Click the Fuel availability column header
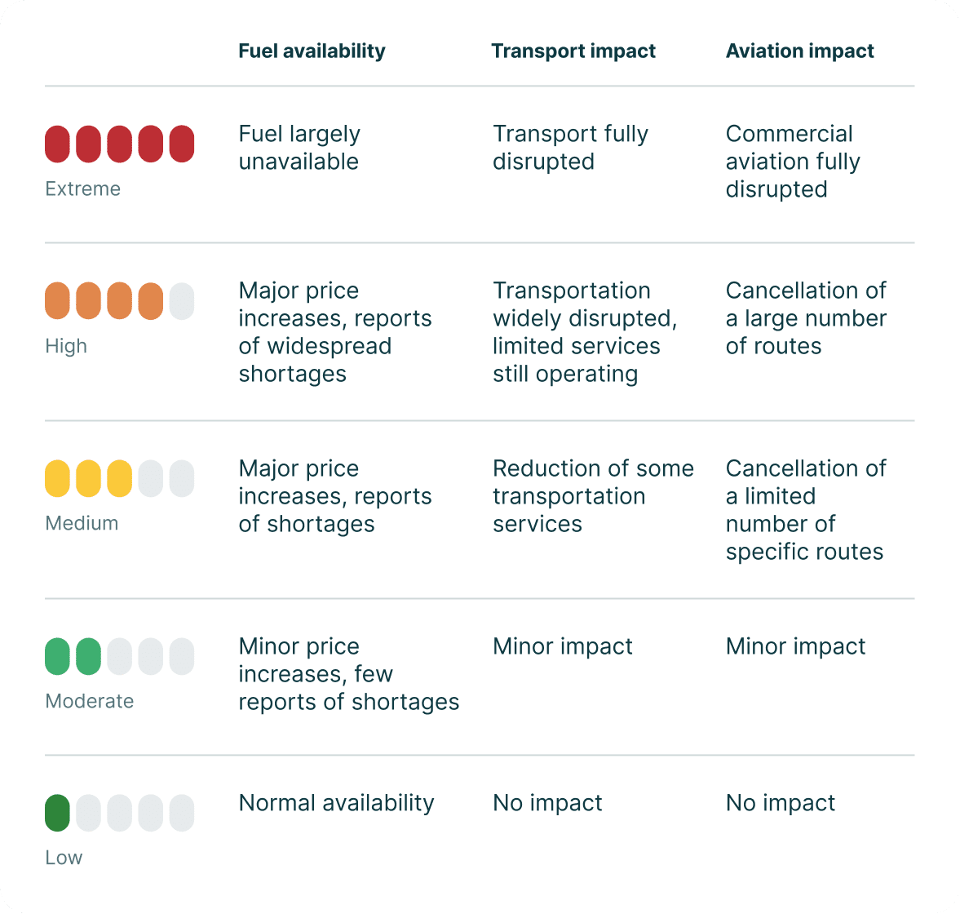pos(312,51)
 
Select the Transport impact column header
pos(573,51)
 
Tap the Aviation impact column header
pos(799,51)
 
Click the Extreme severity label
pos(82,189)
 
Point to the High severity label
pos(66,346)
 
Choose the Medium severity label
pos(82,523)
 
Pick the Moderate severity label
pos(90,701)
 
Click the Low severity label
pos(64,858)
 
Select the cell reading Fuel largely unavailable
pos(299,148)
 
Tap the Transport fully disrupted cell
pos(570,148)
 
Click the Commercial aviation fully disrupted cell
pos(793,162)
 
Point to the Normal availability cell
pos(336,803)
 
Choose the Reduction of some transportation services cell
pos(593,496)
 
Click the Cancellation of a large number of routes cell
pos(806,318)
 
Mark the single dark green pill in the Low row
pos(57,813)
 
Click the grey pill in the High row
pos(182,301)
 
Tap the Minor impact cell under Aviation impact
pos(795,646)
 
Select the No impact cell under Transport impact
pos(547,803)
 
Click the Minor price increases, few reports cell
pos(348,674)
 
